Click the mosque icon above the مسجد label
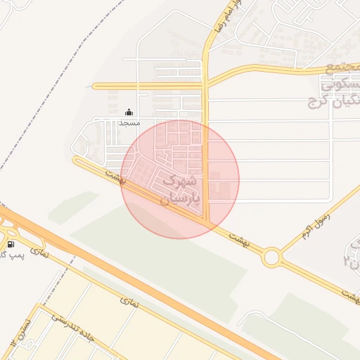tap(129, 112)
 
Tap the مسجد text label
tap(129, 122)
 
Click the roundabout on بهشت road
tap(271, 257)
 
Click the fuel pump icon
tap(11, 244)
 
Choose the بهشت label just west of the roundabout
tap(238, 238)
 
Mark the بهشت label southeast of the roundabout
tap(349, 296)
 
